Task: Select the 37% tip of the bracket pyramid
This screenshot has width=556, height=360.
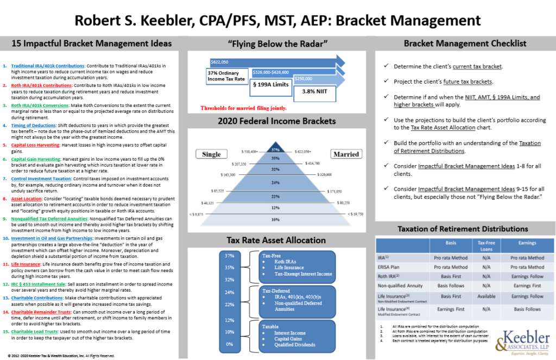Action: (x=275, y=149)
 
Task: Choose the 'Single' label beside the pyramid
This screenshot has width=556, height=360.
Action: (x=211, y=154)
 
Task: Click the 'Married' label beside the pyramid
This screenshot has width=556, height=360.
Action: (x=346, y=154)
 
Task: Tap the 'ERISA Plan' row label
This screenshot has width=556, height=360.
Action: (x=390, y=267)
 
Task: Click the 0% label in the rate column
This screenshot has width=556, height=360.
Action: (x=230, y=344)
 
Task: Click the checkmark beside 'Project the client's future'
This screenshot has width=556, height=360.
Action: (x=385, y=81)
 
